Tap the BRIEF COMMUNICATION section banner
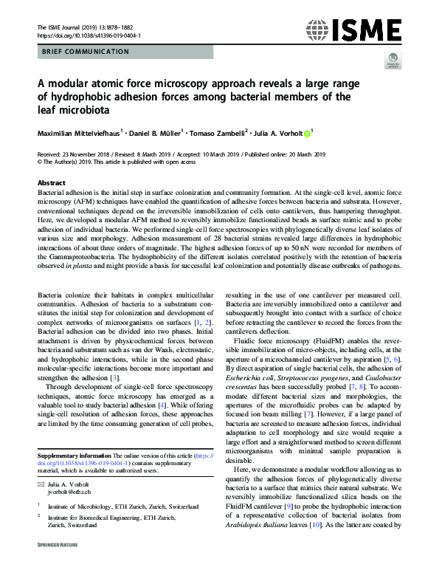(83, 52)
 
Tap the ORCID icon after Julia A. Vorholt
(307, 134)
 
